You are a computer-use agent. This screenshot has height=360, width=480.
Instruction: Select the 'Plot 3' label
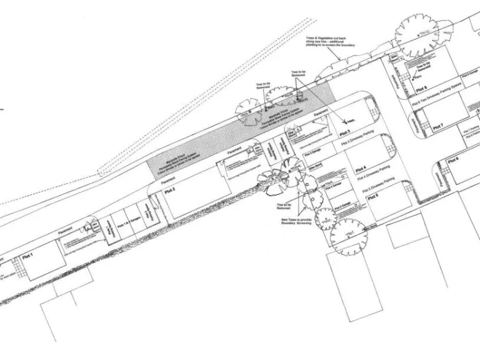(344, 133)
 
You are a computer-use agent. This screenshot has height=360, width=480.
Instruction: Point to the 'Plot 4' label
(361, 170)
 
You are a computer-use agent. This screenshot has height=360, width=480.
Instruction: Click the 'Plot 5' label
(373, 197)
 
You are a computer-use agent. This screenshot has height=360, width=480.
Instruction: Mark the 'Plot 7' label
(437, 127)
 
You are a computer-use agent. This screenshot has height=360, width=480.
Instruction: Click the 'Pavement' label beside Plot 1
(64, 231)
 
